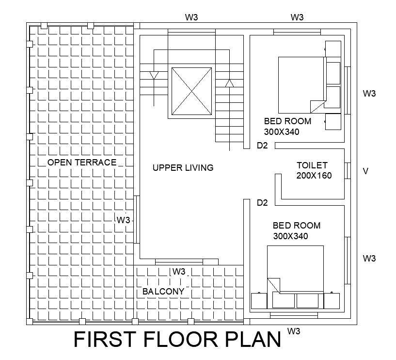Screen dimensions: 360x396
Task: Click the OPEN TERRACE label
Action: pos(82,163)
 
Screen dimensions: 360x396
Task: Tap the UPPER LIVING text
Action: pos(183,168)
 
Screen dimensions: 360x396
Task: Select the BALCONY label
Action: pos(163,292)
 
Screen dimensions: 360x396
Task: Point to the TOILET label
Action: pos(312,165)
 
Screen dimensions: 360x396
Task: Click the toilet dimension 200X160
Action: pos(314,176)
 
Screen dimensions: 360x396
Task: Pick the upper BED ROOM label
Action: pos(287,121)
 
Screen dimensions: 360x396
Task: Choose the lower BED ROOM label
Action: pos(297,226)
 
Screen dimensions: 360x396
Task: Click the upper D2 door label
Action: pos(262,146)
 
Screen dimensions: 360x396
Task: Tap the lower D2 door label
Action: pos(262,203)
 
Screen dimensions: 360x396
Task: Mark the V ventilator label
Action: pos(366,171)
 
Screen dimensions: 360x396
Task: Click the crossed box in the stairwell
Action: pos(192,91)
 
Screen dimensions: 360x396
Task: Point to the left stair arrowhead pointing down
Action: pos(154,76)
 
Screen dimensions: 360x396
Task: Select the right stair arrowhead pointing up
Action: pos(229,83)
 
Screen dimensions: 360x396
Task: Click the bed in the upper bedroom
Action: pos(301,85)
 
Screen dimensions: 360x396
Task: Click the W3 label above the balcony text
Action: pos(179,271)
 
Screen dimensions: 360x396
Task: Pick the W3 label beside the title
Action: pos(294,332)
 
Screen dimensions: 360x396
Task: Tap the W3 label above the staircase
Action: pos(191,17)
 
